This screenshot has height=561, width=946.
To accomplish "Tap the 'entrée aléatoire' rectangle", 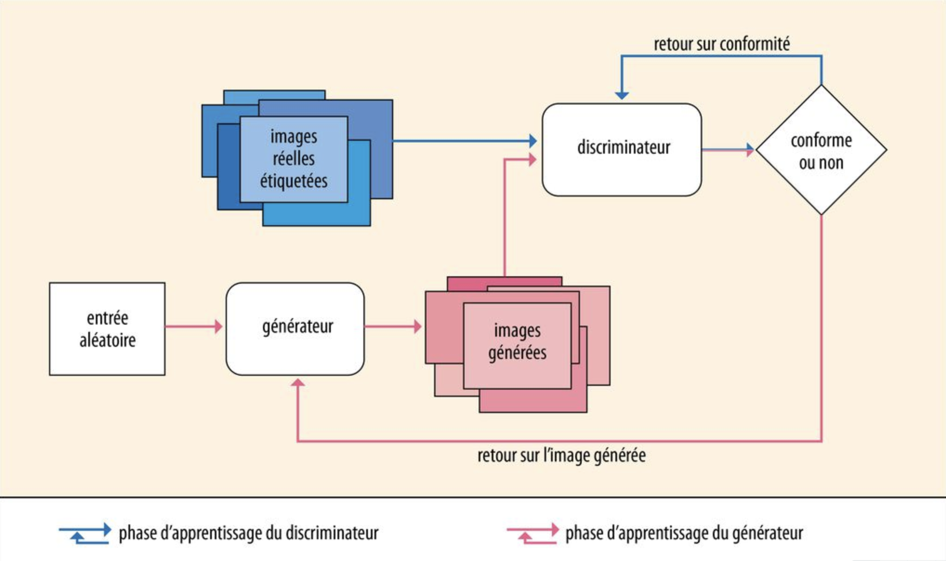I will click(107, 329).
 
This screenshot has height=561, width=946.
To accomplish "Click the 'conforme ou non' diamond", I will click(821, 150).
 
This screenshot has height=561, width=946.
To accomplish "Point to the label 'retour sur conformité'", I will click(722, 44).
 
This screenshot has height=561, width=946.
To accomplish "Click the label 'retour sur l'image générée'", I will click(561, 456).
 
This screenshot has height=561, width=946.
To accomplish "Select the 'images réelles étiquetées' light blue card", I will click(294, 159).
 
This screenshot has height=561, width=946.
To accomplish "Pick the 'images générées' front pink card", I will click(517, 346).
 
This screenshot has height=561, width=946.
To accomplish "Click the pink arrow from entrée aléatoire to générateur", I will click(193, 326).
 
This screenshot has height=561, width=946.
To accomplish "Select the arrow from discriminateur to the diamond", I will click(727, 150).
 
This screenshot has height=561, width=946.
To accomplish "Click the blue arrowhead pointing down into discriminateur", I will click(622, 95).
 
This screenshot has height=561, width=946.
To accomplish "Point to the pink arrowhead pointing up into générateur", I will click(297, 383).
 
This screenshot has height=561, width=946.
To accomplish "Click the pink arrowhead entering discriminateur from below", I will click(532, 160).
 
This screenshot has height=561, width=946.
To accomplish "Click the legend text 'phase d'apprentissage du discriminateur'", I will click(249, 533).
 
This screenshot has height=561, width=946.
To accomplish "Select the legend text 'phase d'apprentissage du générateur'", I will click(684, 533).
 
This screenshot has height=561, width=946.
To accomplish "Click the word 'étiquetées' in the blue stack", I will click(294, 181).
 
